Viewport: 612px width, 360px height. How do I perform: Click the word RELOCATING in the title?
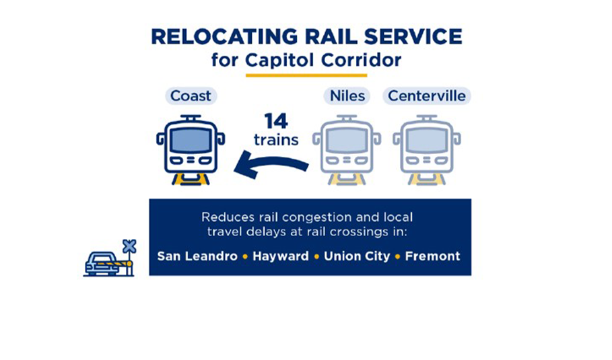[x=224, y=37]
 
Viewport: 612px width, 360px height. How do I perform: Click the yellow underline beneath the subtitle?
[x=306, y=75]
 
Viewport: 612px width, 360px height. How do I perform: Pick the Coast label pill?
[x=191, y=96]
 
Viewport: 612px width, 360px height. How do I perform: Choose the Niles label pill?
[x=347, y=96]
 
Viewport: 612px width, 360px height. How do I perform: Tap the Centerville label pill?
[x=427, y=96]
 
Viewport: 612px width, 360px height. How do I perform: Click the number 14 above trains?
[x=276, y=121]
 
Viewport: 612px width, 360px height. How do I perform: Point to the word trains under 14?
[x=276, y=140]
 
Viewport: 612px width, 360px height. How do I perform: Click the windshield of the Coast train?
[x=191, y=140]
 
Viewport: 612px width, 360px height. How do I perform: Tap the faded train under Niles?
[x=347, y=150]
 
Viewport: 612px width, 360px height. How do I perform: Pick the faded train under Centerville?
[x=427, y=150]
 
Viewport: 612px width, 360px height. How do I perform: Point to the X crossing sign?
[x=129, y=246]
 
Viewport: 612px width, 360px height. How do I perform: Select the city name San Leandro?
[x=197, y=256]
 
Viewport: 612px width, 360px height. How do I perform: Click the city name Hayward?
[x=281, y=256]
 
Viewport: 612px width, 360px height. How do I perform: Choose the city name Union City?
[x=357, y=256]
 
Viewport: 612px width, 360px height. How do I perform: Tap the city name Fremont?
[x=432, y=256]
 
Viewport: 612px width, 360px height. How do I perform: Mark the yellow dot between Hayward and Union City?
[x=316, y=256]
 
